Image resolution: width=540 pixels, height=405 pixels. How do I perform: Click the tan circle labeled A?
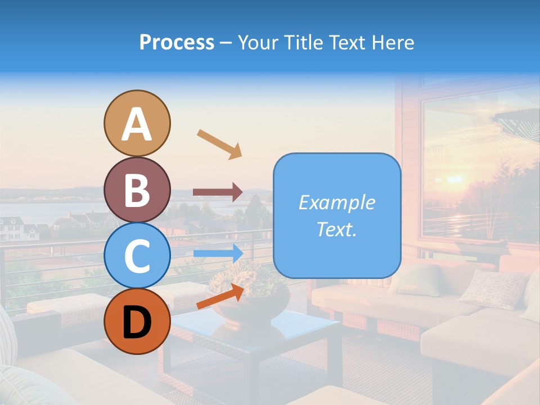click(137, 123)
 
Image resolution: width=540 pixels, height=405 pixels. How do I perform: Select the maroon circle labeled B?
click(137, 190)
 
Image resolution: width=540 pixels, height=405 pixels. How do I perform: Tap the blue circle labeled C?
click(137, 255)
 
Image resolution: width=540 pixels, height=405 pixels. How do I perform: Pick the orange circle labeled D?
click(137, 321)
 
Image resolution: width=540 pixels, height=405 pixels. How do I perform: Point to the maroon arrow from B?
click(218, 192)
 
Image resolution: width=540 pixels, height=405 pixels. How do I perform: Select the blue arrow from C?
click(218, 253)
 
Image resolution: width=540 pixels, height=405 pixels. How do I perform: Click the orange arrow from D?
click(220, 296)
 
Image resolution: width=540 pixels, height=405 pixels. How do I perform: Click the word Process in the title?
click(177, 43)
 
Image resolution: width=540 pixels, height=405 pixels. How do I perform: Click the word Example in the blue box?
click(336, 202)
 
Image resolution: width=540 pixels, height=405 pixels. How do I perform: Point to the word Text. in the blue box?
click(336, 229)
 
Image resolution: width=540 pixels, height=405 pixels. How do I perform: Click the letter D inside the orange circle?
click(137, 322)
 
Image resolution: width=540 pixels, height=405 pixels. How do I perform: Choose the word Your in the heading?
click(258, 43)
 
